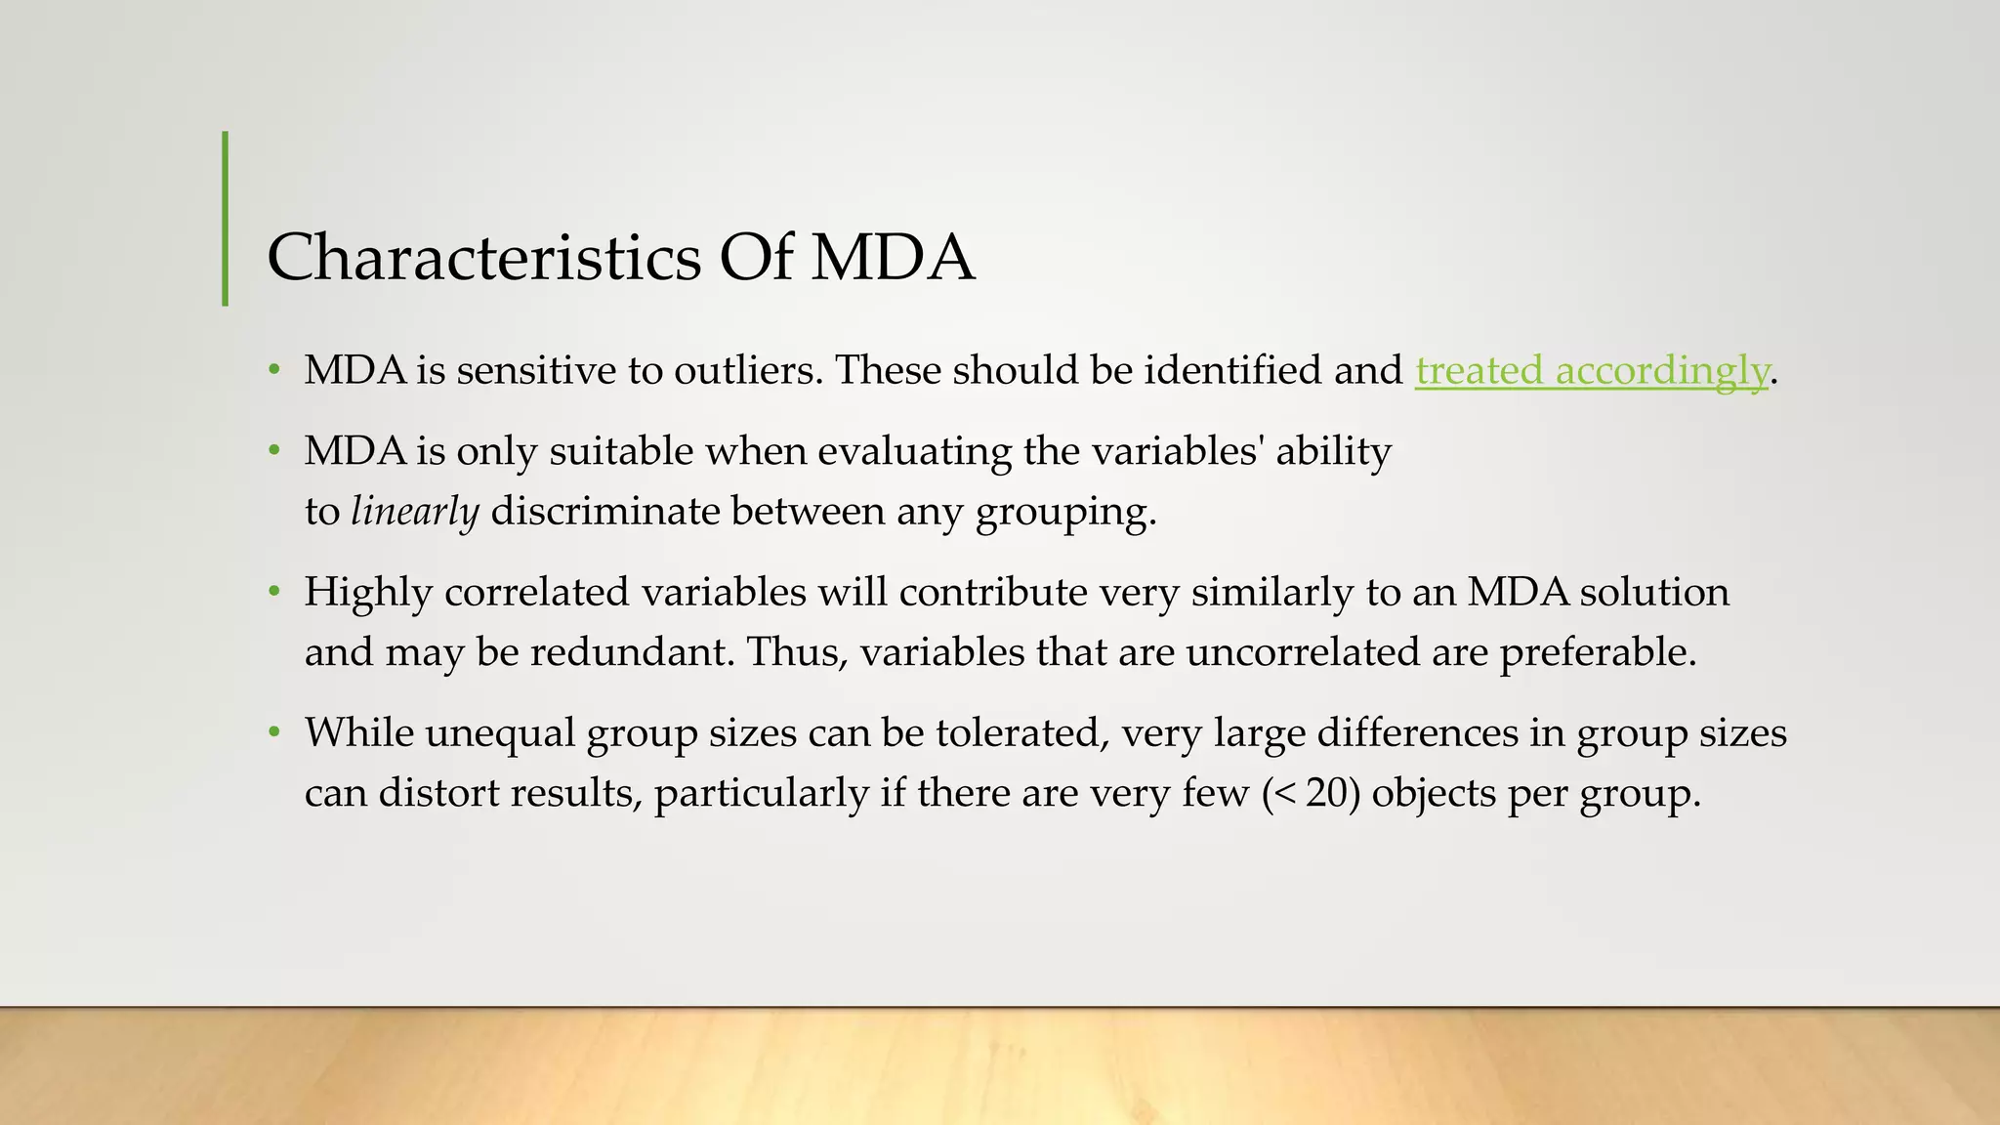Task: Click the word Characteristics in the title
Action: [x=483, y=258]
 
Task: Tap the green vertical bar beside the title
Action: [x=226, y=219]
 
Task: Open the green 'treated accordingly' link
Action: [x=1592, y=370]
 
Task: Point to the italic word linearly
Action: [x=415, y=511]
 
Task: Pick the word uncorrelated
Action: [x=1303, y=651]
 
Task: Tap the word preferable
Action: [x=1598, y=651]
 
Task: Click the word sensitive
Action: [x=520, y=370]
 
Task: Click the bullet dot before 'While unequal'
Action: [x=274, y=732]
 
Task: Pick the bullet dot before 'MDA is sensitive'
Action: [x=274, y=370]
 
